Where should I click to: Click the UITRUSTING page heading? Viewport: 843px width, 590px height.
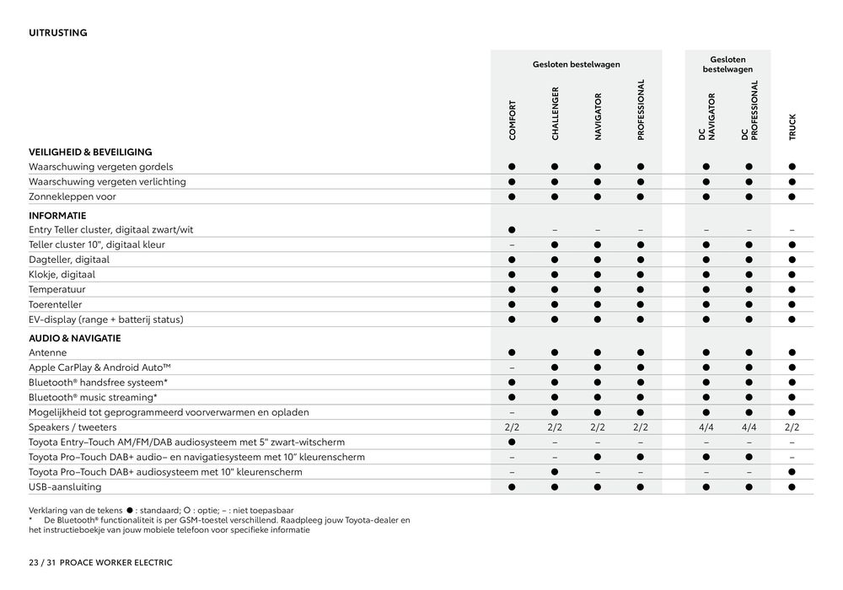58,33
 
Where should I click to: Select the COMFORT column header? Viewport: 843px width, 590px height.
512,120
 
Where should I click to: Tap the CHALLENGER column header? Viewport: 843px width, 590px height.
555,113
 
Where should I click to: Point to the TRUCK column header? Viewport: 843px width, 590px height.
792,126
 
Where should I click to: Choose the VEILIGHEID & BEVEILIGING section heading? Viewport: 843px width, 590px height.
90,152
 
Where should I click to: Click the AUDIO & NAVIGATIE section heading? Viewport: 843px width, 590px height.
75,338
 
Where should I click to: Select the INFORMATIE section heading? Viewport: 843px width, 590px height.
57,215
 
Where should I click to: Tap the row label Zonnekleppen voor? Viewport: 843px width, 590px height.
72,196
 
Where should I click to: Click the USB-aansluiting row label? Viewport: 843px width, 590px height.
65,486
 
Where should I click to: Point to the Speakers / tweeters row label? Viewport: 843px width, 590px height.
75,427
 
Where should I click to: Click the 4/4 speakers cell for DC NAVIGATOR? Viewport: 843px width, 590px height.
706,427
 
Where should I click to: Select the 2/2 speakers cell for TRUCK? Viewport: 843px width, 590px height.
792,427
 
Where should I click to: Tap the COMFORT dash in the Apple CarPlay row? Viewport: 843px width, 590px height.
512,367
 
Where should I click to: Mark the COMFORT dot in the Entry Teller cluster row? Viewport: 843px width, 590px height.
512,229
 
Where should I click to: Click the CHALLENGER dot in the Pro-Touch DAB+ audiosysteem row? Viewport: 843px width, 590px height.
555,472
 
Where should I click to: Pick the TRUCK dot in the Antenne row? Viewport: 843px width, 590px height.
792,352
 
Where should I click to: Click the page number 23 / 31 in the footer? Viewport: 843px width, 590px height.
40,562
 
